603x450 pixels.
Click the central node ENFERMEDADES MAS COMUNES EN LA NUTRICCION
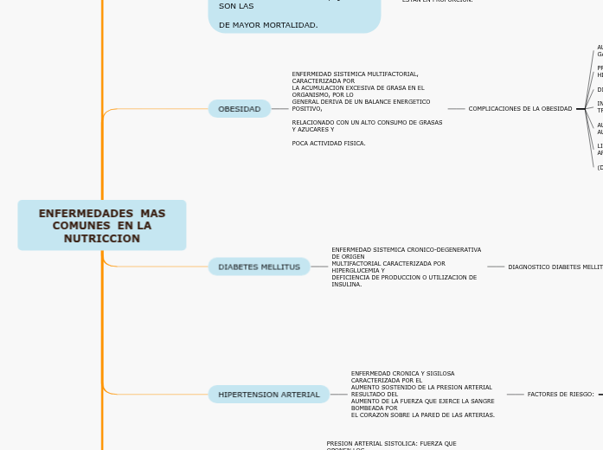pyautogui.click(x=102, y=226)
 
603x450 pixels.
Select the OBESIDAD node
pyautogui.click(x=240, y=109)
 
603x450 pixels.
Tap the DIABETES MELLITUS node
pyautogui.click(x=259, y=267)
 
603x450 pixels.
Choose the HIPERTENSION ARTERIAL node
pyautogui.click(x=268, y=395)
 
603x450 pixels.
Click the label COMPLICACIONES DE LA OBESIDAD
pyautogui.click(x=520, y=109)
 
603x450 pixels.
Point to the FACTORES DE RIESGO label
pyautogui.click(x=561, y=395)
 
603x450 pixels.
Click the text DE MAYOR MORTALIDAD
pyautogui.click(x=268, y=25)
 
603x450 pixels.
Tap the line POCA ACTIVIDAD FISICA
pyautogui.click(x=329, y=143)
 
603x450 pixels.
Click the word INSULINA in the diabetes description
pyautogui.click(x=347, y=284)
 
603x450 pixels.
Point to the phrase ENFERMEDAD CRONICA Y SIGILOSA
pyautogui.click(x=402, y=373)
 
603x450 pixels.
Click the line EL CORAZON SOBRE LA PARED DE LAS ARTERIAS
pyautogui.click(x=423, y=415)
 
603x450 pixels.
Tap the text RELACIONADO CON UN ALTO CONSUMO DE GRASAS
pyautogui.click(x=367, y=123)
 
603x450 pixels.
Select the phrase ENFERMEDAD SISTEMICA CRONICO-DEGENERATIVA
pyautogui.click(x=406, y=249)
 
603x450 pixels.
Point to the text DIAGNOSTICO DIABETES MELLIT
pyautogui.click(x=555, y=267)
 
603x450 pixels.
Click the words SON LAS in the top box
pyautogui.click(x=230, y=6)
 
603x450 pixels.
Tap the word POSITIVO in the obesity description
pyautogui.click(x=307, y=109)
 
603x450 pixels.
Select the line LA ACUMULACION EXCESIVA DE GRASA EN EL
pyautogui.click(x=358, y=88)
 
